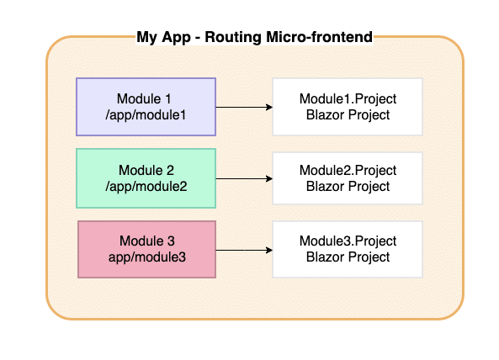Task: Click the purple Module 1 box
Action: point(146,107)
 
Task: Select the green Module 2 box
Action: point(146,178)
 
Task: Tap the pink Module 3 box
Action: point(147,249)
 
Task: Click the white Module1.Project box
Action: point(348,107)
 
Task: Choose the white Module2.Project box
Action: point(348,178)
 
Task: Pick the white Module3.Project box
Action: point(348,249)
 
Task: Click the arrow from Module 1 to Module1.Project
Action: point(244,107)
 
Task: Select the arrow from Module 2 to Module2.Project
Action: point(244,178)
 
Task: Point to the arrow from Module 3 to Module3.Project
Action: point(244,251)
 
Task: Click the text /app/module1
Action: point(146,115)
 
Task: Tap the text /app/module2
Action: point(146,187)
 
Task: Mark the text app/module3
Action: point(147,257)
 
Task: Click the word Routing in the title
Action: point(233,37)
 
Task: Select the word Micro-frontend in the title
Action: point(319,37)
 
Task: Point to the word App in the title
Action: point(176,38)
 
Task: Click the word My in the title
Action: point(146,38)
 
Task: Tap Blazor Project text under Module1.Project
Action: point(348,114)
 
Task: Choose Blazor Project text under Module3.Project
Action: point(348,257)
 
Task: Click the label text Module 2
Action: point(146,171)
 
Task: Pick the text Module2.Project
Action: point(348,171)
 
